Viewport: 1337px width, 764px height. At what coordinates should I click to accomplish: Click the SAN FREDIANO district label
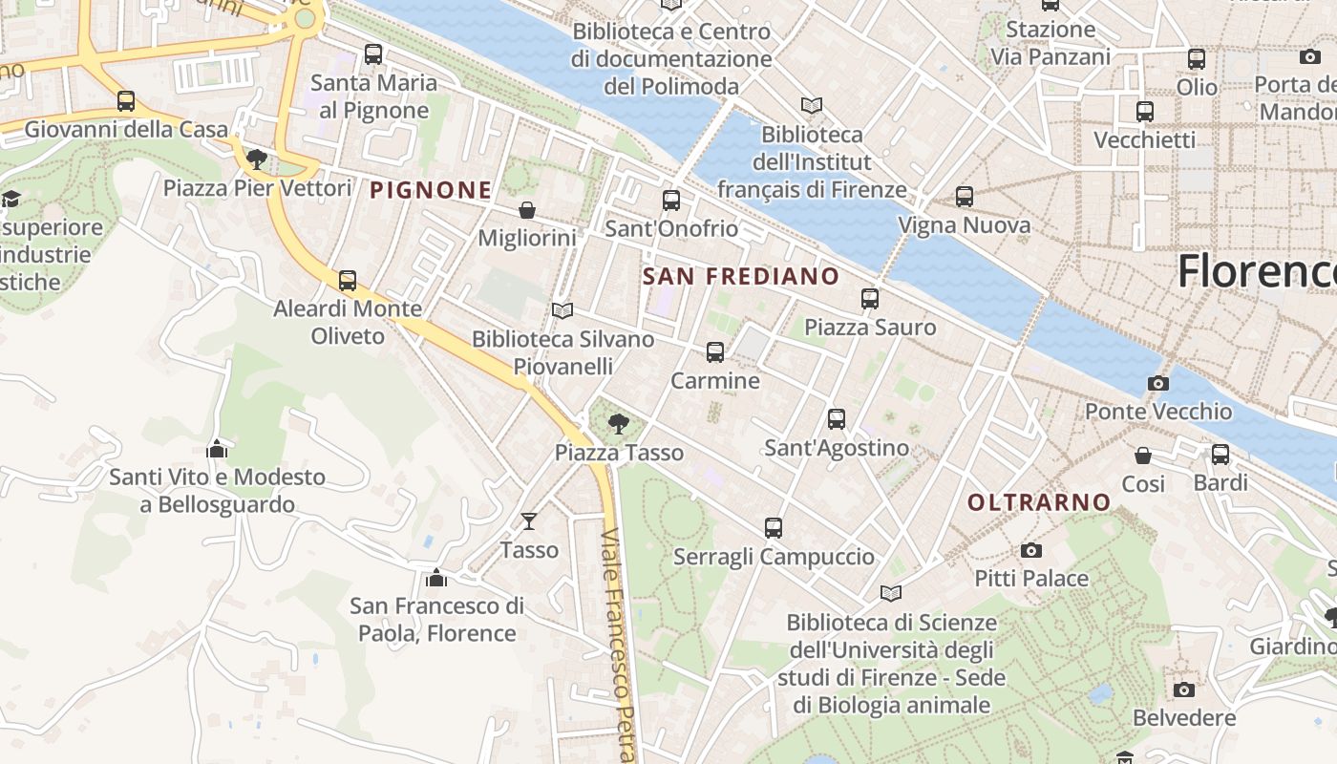741,277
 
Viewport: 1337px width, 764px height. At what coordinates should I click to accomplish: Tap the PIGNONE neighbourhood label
431,190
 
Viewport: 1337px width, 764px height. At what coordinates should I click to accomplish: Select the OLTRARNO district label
1039,502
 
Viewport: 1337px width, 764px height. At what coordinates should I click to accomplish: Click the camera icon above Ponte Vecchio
1157,384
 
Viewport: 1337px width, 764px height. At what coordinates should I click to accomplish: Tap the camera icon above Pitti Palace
1030,550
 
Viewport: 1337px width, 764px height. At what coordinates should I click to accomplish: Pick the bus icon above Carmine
714,352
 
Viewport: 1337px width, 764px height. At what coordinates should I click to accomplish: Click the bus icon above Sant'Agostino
837,418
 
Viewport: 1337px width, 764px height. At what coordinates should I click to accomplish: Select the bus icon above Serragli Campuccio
774,527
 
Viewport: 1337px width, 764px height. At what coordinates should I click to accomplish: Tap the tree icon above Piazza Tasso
619,423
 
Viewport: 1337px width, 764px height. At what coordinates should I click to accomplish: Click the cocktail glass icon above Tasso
529,520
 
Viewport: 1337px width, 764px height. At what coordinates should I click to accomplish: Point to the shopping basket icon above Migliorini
526,209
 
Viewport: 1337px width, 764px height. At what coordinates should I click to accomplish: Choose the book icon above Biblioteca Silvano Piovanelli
562,310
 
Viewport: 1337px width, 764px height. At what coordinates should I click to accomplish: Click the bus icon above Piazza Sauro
870,298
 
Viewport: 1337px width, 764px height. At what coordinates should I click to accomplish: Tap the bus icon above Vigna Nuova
965,197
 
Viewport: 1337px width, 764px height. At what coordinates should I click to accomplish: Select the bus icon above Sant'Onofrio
671,200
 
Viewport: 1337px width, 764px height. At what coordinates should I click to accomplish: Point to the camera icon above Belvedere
1184,690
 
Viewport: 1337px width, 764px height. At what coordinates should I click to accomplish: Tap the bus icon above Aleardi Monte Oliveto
348,280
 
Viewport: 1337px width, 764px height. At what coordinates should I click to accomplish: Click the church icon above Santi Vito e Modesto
217,448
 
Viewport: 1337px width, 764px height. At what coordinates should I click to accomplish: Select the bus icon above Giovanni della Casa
126,100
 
